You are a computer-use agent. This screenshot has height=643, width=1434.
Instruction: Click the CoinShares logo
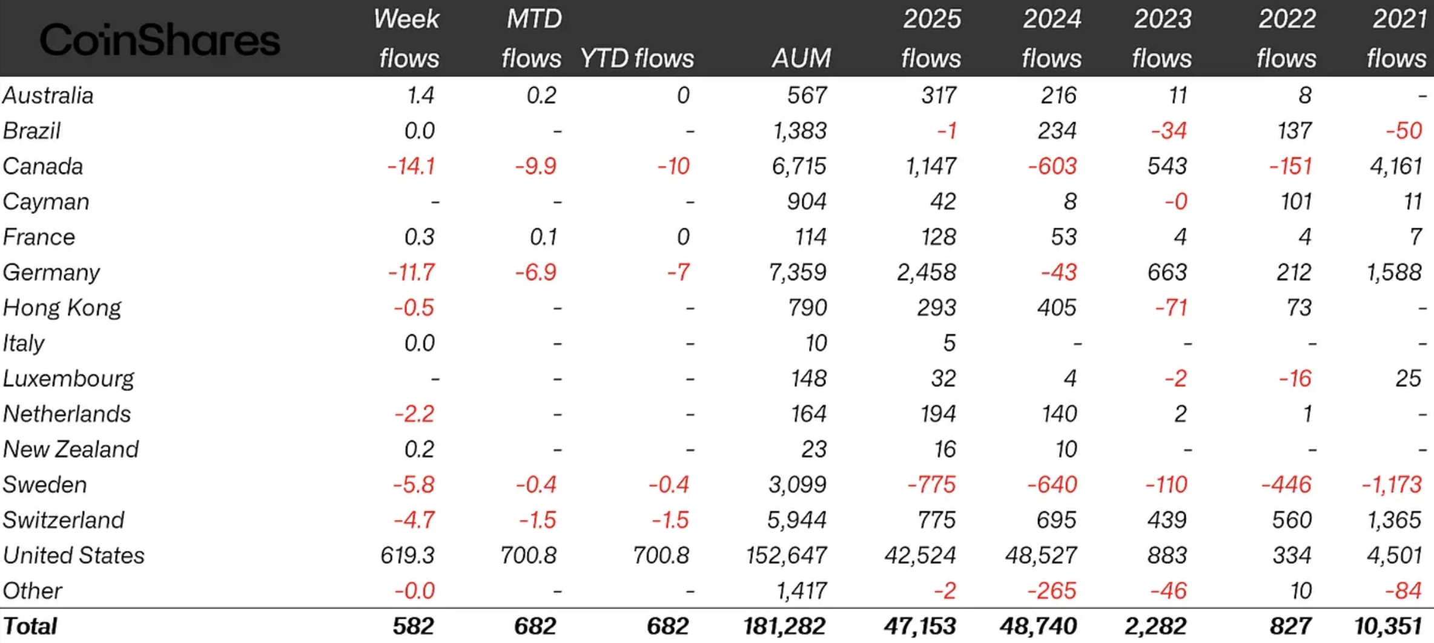pos(159,40)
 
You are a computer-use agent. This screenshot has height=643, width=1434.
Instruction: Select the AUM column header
pos(801,59)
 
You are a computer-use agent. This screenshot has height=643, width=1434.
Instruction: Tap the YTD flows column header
pos(636,59)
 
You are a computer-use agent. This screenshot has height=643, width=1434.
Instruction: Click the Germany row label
pos(51,272)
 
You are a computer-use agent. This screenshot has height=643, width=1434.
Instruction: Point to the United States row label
pos(73,555)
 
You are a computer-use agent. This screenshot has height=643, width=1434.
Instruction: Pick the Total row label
pos(30,626)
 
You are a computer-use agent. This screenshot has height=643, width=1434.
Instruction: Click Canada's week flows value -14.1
pos(411,166)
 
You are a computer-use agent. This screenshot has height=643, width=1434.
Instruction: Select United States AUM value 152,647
pos(786,555)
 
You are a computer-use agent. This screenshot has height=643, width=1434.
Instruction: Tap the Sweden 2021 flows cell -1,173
pos(1391,484)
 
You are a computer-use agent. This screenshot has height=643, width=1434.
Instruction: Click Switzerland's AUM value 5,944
pos(796,520)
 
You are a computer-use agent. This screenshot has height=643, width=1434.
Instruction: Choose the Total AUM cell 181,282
pos(784,626)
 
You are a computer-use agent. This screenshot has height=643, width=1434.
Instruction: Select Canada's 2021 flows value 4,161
pos(1395,166)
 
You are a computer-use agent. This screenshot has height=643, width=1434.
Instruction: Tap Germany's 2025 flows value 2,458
pos(926,272)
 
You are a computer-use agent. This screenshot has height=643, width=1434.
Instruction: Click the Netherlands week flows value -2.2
pos(414,414)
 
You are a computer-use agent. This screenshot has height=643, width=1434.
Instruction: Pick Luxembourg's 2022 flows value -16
pos(1295,378)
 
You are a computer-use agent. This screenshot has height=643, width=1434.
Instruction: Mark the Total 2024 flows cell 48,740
pos(1038,626)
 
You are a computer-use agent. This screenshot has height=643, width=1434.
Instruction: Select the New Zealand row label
pos(70,449)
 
